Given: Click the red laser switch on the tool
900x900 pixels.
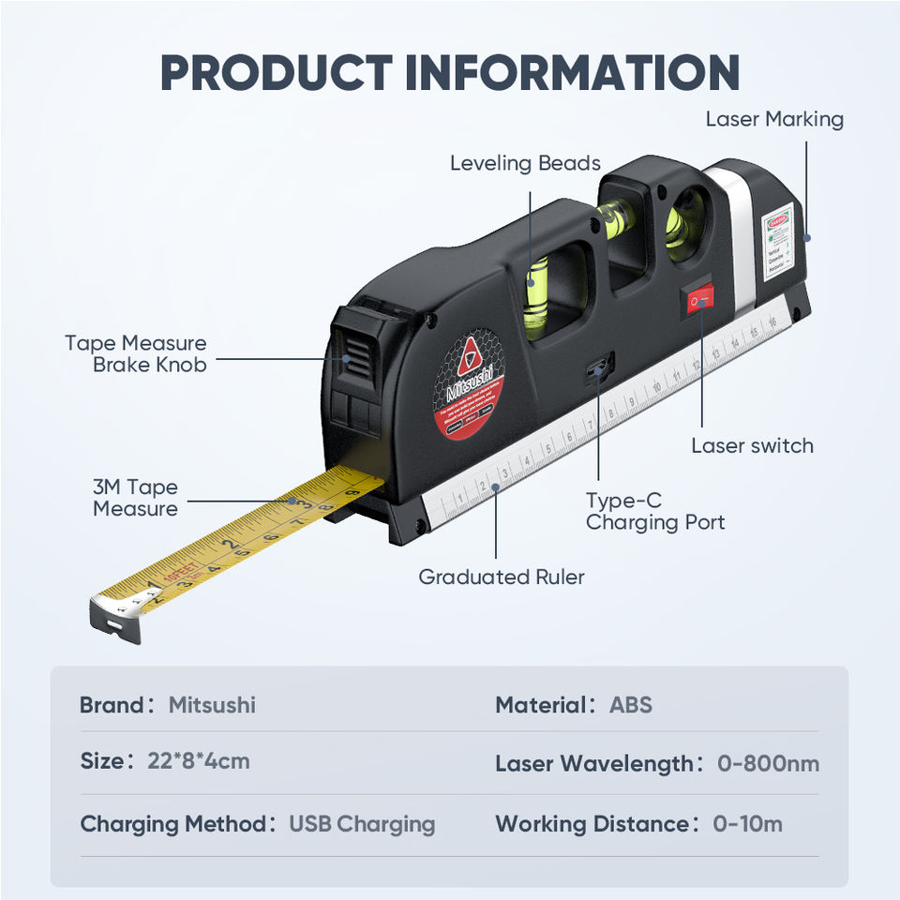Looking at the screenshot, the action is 697,299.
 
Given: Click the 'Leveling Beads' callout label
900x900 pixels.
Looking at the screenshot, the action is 525,163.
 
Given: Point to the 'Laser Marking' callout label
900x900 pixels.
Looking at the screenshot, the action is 774,119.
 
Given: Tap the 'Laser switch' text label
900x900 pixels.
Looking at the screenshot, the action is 752,445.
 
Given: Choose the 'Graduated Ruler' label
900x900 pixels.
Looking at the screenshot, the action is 502,577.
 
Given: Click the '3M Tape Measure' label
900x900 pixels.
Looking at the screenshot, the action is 135,498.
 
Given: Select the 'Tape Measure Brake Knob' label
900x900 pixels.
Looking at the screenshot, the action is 136,353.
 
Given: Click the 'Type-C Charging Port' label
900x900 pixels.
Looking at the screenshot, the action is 655,512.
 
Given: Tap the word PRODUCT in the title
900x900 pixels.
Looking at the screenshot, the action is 276,72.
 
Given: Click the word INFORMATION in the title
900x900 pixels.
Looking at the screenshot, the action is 573,72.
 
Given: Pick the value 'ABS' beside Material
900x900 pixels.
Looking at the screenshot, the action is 631,704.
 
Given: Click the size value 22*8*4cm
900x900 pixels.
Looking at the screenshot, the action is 199,760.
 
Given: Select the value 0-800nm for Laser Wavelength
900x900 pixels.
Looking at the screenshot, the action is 769,763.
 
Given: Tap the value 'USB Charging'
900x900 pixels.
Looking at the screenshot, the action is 362,824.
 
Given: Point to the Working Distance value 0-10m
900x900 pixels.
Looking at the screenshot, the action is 747,824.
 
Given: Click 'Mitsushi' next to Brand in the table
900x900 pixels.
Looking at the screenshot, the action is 212,704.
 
